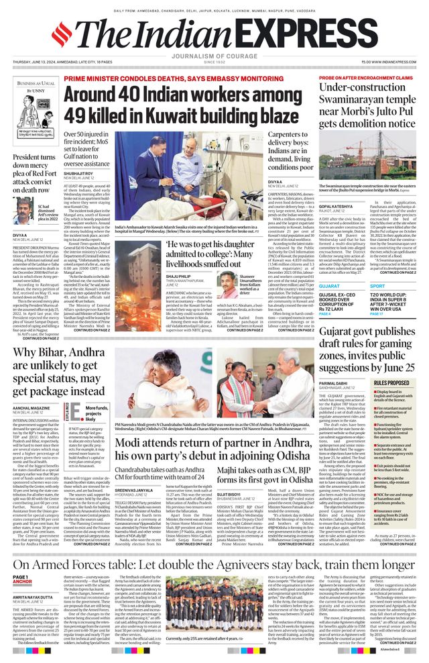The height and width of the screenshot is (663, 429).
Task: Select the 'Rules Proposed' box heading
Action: [x=391, y=382]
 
